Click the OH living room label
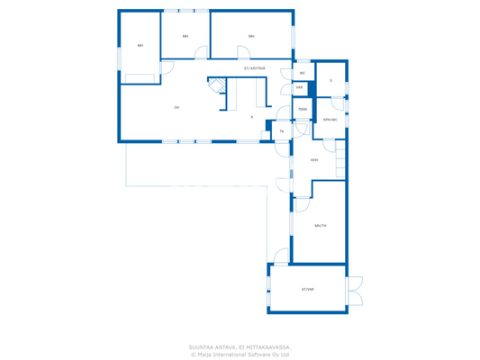[x=177, y=107]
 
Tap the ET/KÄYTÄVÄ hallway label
[x=254, y=67]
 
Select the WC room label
[x=303, y=73]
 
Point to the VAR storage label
[x=299, y=87]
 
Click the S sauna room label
[x=331, y=81]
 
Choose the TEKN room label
[x=303, y=109]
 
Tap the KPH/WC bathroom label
[x=331, y=119]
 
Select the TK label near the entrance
[x=281, y=131]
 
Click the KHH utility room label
[x=314, y=160]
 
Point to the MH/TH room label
[x=321, y=226]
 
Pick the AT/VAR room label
[x=308, y=289]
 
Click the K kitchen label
[x=252, y=117]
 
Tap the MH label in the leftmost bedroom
[x=140, y=45]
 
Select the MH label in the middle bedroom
[x=186, y=36]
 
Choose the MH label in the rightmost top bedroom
[x=251, y=36]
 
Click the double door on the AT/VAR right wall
[x=355, y=290]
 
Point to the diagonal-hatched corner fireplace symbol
[x=216, y=85]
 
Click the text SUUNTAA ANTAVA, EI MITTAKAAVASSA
[x=240, y=346]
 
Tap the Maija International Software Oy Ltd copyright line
[x=240, y=355]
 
